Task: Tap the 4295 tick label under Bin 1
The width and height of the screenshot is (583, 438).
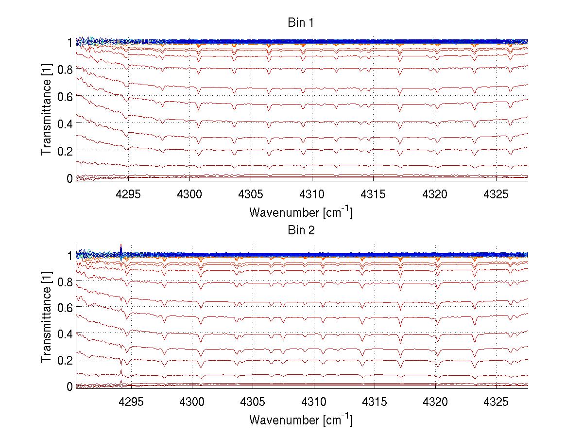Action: point(128,194)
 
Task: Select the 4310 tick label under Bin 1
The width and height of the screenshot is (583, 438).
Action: point(312,194)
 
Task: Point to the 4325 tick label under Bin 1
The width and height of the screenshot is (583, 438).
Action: point(496,194)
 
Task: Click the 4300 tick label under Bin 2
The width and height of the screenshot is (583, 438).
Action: point(192,402)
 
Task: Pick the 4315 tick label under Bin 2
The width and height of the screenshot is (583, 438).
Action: point(375,402)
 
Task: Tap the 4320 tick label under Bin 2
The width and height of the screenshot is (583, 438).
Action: point(435,402)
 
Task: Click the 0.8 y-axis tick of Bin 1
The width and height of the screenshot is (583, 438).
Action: point(65,69)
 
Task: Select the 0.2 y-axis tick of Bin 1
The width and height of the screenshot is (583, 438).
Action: point(65,151)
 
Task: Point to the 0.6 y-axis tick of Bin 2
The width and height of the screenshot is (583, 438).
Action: point(65,308)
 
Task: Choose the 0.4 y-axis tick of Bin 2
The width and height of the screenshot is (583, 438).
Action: point(65,334)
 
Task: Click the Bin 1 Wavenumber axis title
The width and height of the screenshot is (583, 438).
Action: point(300,212)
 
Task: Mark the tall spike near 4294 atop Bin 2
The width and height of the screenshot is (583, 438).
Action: point(120,247)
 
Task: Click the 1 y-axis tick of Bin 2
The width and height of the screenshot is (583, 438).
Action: point(69,255)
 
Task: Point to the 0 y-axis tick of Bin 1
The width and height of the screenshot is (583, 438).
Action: point(69,178)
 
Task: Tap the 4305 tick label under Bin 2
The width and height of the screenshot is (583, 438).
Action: point(253,402)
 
